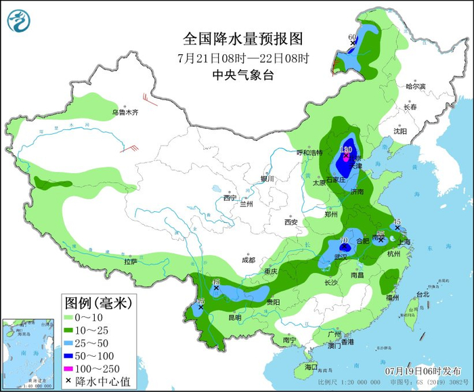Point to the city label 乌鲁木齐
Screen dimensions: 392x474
click(x=125, y=112)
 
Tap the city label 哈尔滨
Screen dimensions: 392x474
click(x=415, y=87)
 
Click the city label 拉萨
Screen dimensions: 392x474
click(x=131, y=261)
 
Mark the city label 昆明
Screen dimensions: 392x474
click(x=234, y=317)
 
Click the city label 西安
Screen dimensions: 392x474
click(x=290, y=221)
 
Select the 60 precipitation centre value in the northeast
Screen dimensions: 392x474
click(x=352, y=37)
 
